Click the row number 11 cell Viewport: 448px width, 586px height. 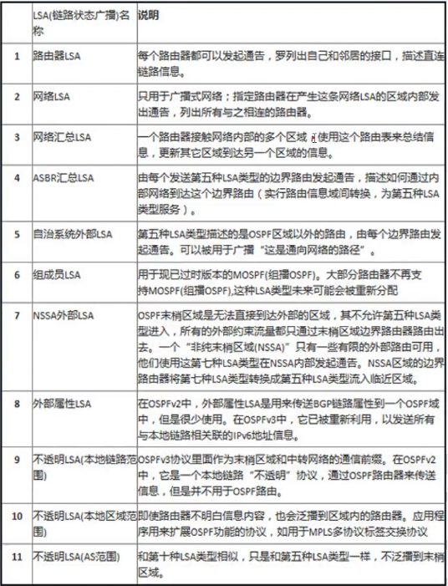click(16, 556)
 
